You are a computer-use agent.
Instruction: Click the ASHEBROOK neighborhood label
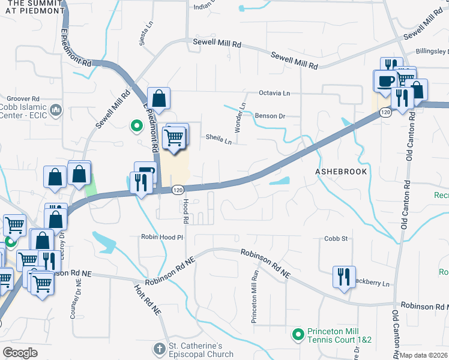click(x=341, y=171)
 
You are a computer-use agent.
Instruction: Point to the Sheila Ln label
click(x=219, y=139)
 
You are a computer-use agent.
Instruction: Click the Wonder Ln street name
click(x=242, y=118)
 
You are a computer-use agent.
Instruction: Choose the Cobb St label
click(x=336, y=238)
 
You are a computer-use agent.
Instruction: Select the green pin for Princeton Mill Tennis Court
click(x=297, y=334)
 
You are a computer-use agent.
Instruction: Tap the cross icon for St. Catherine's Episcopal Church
click(x=159, y=349)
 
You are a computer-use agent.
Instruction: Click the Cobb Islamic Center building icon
click(x=56, y=109)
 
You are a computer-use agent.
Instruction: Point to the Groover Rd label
click(x=23, y=98)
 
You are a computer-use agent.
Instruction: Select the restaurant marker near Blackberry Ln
click(x=344, y=277)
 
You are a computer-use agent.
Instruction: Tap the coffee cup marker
click(x=384, y=81)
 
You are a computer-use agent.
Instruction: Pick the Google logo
click(x=20, y=353)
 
